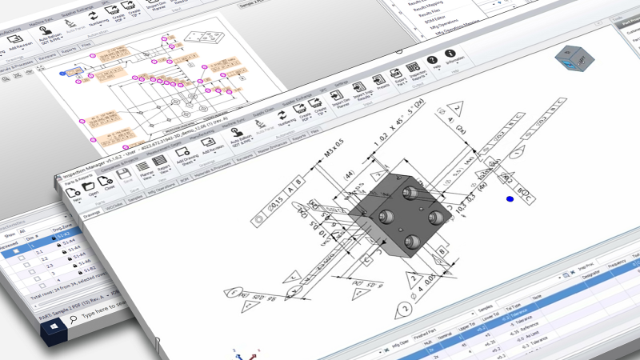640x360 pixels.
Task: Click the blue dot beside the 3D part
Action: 510,199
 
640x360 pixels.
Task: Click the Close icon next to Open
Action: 109,183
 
